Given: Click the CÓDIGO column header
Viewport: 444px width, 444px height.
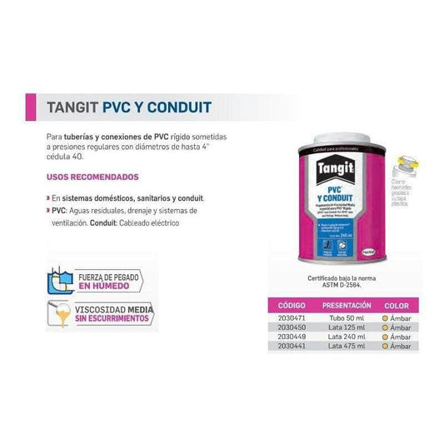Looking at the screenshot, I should coord(287,306).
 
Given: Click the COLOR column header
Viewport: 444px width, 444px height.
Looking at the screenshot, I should coord(396,306).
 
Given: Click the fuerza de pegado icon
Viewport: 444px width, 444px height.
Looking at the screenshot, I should coord(59,279).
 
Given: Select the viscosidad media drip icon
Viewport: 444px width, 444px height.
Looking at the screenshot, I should coord(59,316).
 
